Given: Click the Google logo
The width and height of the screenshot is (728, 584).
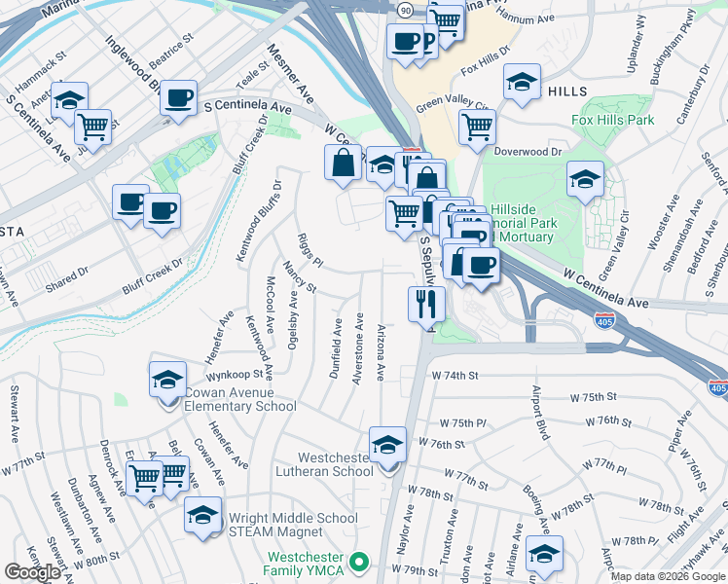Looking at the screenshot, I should (x=32, y=572).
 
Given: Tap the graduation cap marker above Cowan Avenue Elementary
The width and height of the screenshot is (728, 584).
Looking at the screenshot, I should (x=167, y=379).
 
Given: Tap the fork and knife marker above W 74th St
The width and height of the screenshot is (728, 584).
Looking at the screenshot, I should (x=426, y=305).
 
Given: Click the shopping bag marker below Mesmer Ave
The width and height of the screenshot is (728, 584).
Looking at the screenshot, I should (x=344, y=163).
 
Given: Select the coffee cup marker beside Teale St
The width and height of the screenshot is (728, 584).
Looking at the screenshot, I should (x=178, y=98).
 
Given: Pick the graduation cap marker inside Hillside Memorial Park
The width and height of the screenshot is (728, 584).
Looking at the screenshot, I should (x=585, y=179).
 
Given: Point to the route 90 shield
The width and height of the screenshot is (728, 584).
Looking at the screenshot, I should (x=405, y=9).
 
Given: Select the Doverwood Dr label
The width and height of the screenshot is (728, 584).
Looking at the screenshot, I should (x=528, y=152).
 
